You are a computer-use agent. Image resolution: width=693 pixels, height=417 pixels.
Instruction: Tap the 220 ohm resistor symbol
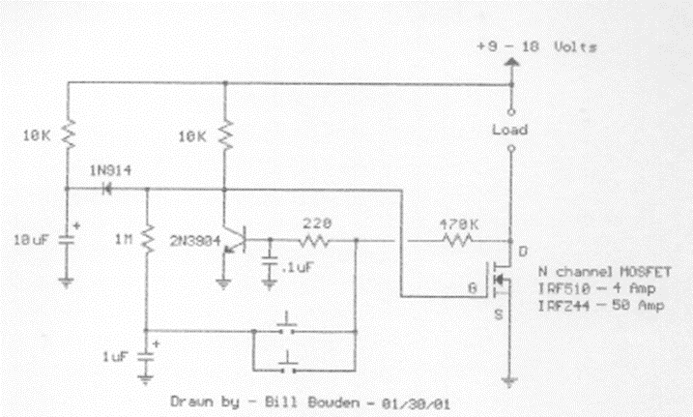[314, 239]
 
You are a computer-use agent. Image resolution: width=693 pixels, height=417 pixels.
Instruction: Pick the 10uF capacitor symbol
[67, 237]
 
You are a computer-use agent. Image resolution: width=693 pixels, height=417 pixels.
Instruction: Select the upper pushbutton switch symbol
[287, 322]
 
